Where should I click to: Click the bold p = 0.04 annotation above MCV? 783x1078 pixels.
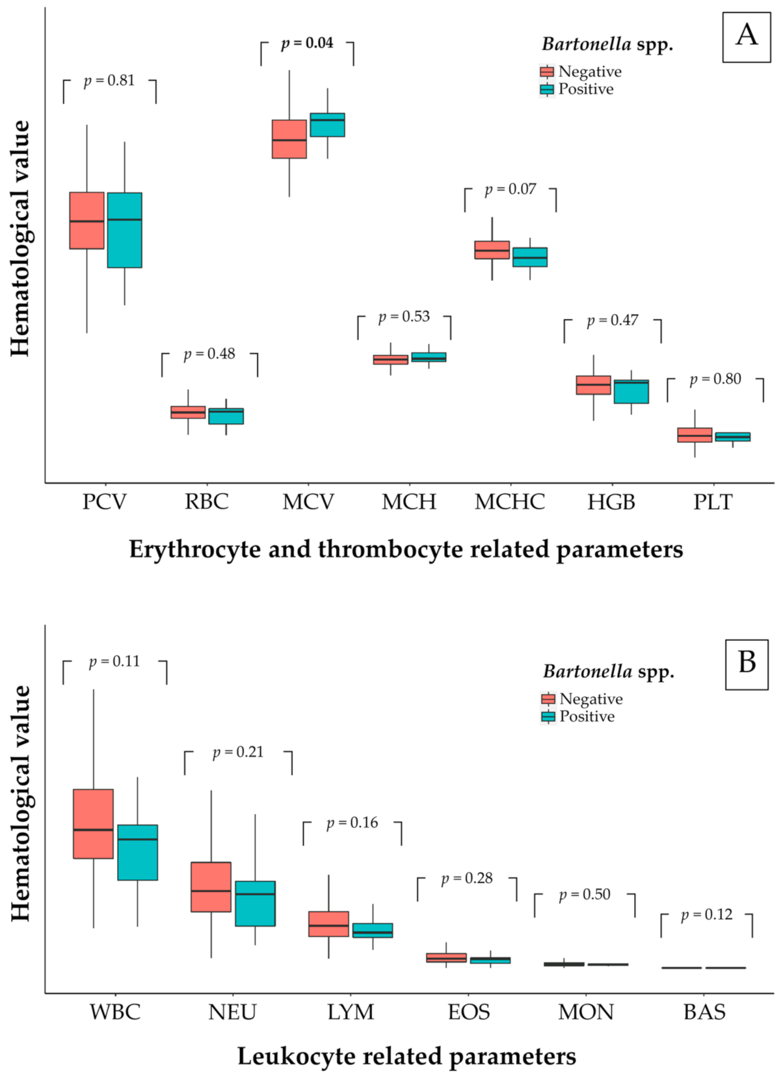pyautogui.click(x=307, y=44)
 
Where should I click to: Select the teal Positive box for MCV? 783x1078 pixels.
pyautogui.click(x=327, y=125)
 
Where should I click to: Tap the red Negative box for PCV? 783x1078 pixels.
pyautogui.click(x=86, y=221)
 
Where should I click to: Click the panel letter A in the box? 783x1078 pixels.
pyautogui.click(x=746, y=36)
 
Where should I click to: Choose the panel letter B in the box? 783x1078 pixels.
pyautogui.click(x=746, y=662)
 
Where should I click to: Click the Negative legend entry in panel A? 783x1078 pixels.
pyautogui.click(x=589, y=72)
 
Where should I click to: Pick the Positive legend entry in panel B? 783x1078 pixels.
pyautogui.click(x=586, y=716)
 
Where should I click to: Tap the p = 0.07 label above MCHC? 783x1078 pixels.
pyautogui.click(x=510, y=189)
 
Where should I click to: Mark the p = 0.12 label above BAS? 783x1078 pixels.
pyautogui.click(x=706, y=915)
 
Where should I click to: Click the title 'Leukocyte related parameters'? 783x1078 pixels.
pyautogui.click(x=407, y=1057)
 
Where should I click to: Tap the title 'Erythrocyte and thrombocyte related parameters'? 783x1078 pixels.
pyautogui.click(x=406, y=550)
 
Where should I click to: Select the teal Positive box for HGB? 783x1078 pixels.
pyautogui.click(x=631, y=392)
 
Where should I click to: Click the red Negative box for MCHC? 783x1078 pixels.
pyautogui.click(x=492, y=250)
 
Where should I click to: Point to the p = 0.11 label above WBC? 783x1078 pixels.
pyautogui.click(x=115, y=662)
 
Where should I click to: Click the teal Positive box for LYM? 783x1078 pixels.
pyautogui.click(x=373, y=930)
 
